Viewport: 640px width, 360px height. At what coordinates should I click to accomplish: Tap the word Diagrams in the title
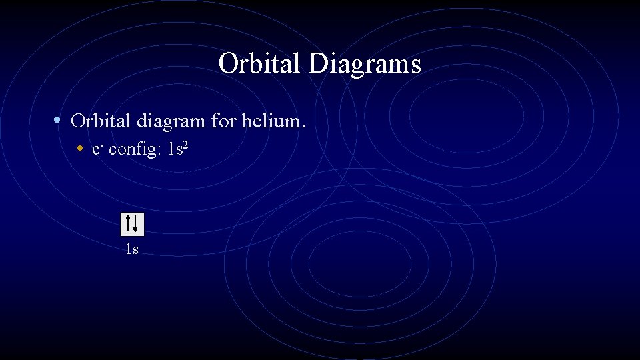[365, 65]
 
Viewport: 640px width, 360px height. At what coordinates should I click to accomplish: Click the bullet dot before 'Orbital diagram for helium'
[59, 121]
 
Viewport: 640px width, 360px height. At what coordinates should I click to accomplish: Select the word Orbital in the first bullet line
[101, 121]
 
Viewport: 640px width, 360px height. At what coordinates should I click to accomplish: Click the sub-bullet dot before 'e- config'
[80, 149]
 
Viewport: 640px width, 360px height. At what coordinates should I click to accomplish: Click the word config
[131, 150]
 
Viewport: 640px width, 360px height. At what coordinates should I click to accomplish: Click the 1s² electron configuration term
[179, 149]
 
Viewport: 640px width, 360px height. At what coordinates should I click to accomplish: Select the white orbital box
[132, 224]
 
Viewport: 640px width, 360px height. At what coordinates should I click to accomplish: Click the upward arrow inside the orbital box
[128, 223]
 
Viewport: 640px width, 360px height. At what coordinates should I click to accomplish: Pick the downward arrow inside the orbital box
[136, 224]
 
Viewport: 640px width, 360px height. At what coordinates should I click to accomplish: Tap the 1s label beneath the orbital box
[132, 250]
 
